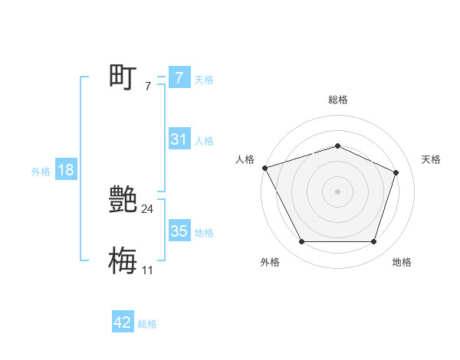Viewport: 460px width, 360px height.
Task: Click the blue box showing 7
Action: coord(179,77)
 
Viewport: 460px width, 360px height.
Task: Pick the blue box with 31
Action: coord(179,139)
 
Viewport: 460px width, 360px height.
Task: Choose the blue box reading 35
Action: coord(179,231)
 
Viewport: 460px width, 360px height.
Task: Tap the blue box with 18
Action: coord(65,170)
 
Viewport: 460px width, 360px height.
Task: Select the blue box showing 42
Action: coord(123,322)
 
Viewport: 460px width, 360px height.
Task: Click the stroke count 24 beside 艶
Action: coord(147,209)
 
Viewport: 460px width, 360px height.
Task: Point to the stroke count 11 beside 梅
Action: coord(147,270)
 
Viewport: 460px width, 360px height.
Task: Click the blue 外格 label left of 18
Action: coord(41,172)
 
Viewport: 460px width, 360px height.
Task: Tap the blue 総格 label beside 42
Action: coord(147,324)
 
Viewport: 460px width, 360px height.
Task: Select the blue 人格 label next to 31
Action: coord(204,141)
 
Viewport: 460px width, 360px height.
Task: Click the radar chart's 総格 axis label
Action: coord(337,100)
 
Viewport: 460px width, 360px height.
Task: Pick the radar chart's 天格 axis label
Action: coord(432,159)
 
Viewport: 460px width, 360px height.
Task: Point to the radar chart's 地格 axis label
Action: coord(402,262)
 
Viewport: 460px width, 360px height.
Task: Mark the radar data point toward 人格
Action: coord(264,168)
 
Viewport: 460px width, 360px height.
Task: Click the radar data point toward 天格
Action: coord(396,172)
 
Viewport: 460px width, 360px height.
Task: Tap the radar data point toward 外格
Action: coord(301,242)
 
